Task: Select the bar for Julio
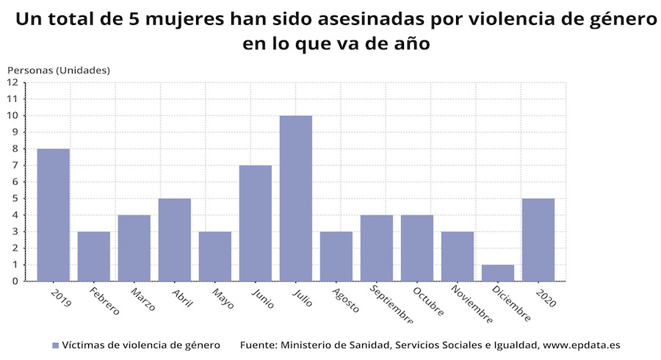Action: coord(296,198)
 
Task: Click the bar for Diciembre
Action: coord(498,273)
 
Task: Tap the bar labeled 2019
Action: coord(54,215)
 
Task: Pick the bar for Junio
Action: coord(256,223)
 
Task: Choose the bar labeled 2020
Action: coord(538,240)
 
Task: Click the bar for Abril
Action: coord(175,240)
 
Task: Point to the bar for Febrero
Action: coord(94,256)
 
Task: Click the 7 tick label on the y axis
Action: coord(15,165)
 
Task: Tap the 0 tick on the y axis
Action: coord(15,281)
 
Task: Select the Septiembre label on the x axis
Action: coord(391,304)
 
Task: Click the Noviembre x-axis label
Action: coord(472,304)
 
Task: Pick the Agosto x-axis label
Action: coord(346,300)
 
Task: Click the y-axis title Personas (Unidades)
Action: coord(59,71)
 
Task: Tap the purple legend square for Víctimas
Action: coord(55,345)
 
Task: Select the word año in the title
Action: coord(412,43)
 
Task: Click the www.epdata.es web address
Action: coord(582,345)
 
